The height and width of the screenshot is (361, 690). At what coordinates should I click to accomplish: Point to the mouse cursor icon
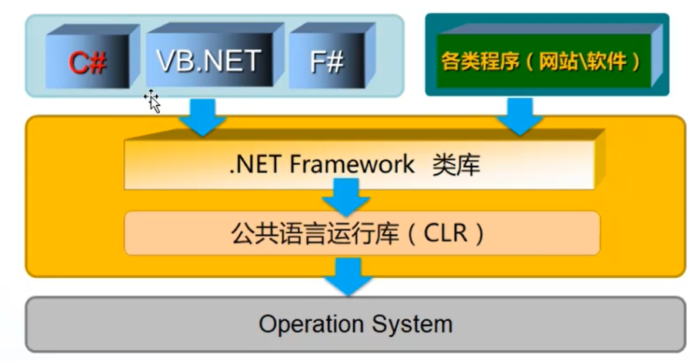tap(152, 100)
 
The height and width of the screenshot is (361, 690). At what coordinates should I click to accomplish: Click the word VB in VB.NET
tap(175, 60)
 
